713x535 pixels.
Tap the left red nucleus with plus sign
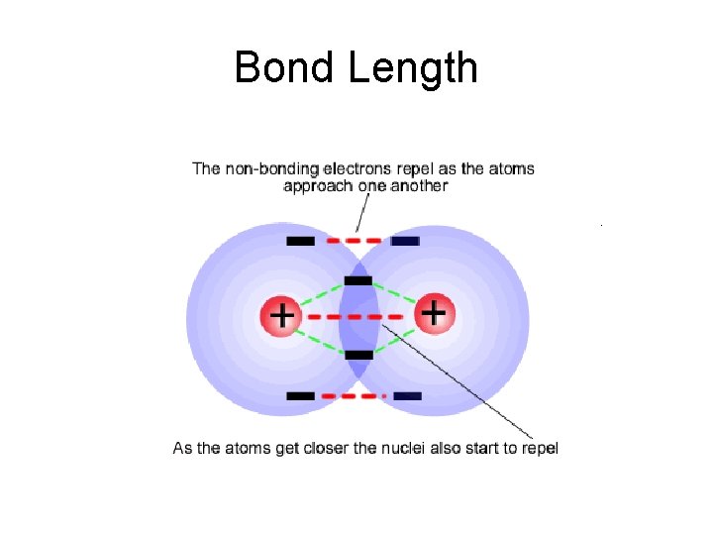(281, 316)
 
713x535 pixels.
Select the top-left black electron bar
(300, 241)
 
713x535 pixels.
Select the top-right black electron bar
(405, 241)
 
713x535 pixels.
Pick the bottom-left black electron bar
(300, 395)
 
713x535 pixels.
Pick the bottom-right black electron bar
(407, 395)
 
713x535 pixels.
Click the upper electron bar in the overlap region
(357, 280)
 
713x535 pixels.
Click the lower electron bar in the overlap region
(358, 354)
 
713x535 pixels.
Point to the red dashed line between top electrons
(353, 241)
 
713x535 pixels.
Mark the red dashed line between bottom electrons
(354, 395)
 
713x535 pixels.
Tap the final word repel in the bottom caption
(539, 449)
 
